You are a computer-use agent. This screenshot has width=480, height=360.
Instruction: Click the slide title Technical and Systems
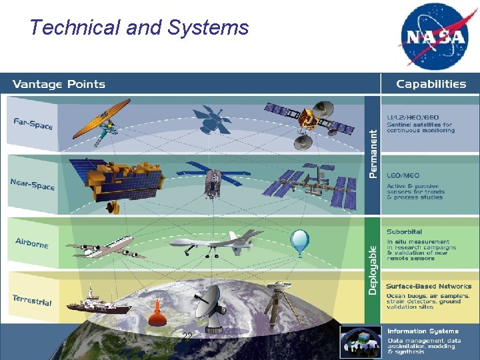[x=139, y=27]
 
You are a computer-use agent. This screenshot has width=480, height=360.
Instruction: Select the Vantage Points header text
[x=59, y=84]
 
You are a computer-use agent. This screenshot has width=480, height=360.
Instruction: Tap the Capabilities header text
[x=431, y=84]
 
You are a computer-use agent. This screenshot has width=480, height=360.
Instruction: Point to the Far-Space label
[x=33, y=124]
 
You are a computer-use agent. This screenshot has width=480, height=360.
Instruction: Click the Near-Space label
[x=33, y=183]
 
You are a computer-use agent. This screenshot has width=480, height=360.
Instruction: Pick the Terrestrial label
[x=32, y=300]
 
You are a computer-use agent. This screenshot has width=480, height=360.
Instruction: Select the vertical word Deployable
[x=373, y=269]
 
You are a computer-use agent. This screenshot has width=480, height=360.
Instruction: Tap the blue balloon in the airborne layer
[x=300, y=242]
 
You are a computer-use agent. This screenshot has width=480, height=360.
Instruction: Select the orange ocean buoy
[x=157, y=313]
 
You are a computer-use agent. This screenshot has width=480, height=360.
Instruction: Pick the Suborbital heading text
[x=405, y=232]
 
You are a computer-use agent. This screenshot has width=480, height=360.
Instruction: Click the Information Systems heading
[x=423, y=331]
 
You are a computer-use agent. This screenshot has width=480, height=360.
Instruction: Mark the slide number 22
[x=187, y=337]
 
